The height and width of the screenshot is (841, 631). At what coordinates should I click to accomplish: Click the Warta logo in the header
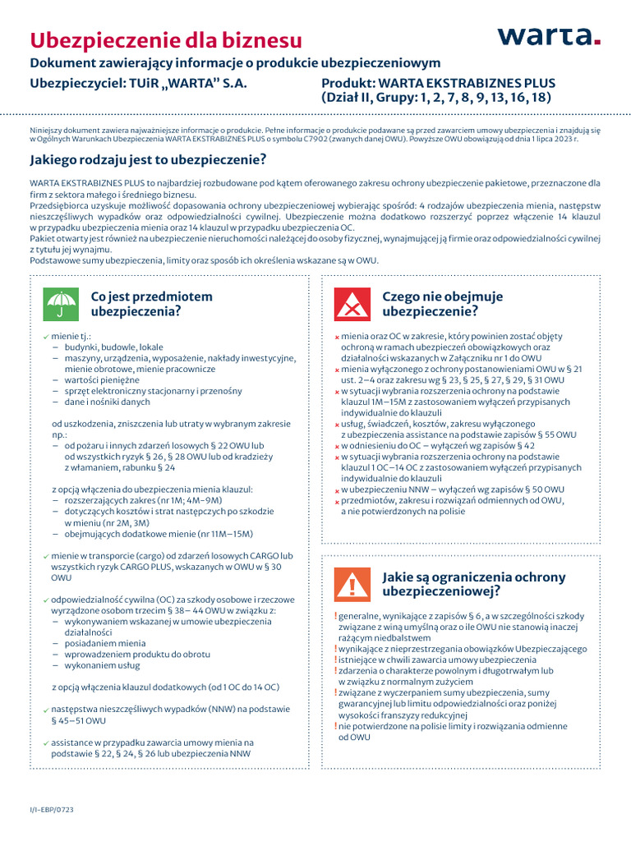[549, 37]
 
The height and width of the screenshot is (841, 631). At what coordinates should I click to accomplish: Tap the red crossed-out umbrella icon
[351, 304]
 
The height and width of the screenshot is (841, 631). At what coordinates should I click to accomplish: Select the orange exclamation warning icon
[351, 584]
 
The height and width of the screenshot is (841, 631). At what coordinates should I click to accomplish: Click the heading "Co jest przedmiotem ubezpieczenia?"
[151, 304]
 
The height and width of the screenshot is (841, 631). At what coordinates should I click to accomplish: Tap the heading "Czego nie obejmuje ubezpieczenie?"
[443, 304]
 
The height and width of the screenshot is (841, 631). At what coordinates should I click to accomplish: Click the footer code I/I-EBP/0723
[52, 809]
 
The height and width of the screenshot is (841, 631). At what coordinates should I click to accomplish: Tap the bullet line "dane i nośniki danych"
[108, 402]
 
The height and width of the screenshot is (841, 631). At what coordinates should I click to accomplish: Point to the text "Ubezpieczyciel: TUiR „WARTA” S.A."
[138, 84]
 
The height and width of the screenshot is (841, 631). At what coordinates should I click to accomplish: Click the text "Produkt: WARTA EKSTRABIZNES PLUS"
[438, 84]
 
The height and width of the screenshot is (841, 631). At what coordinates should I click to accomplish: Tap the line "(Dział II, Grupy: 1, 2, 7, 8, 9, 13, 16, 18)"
[435, 98]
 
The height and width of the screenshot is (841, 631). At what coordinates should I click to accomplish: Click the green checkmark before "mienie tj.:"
[45, 338]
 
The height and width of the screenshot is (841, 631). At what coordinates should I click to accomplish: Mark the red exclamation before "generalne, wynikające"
[335, 616]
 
